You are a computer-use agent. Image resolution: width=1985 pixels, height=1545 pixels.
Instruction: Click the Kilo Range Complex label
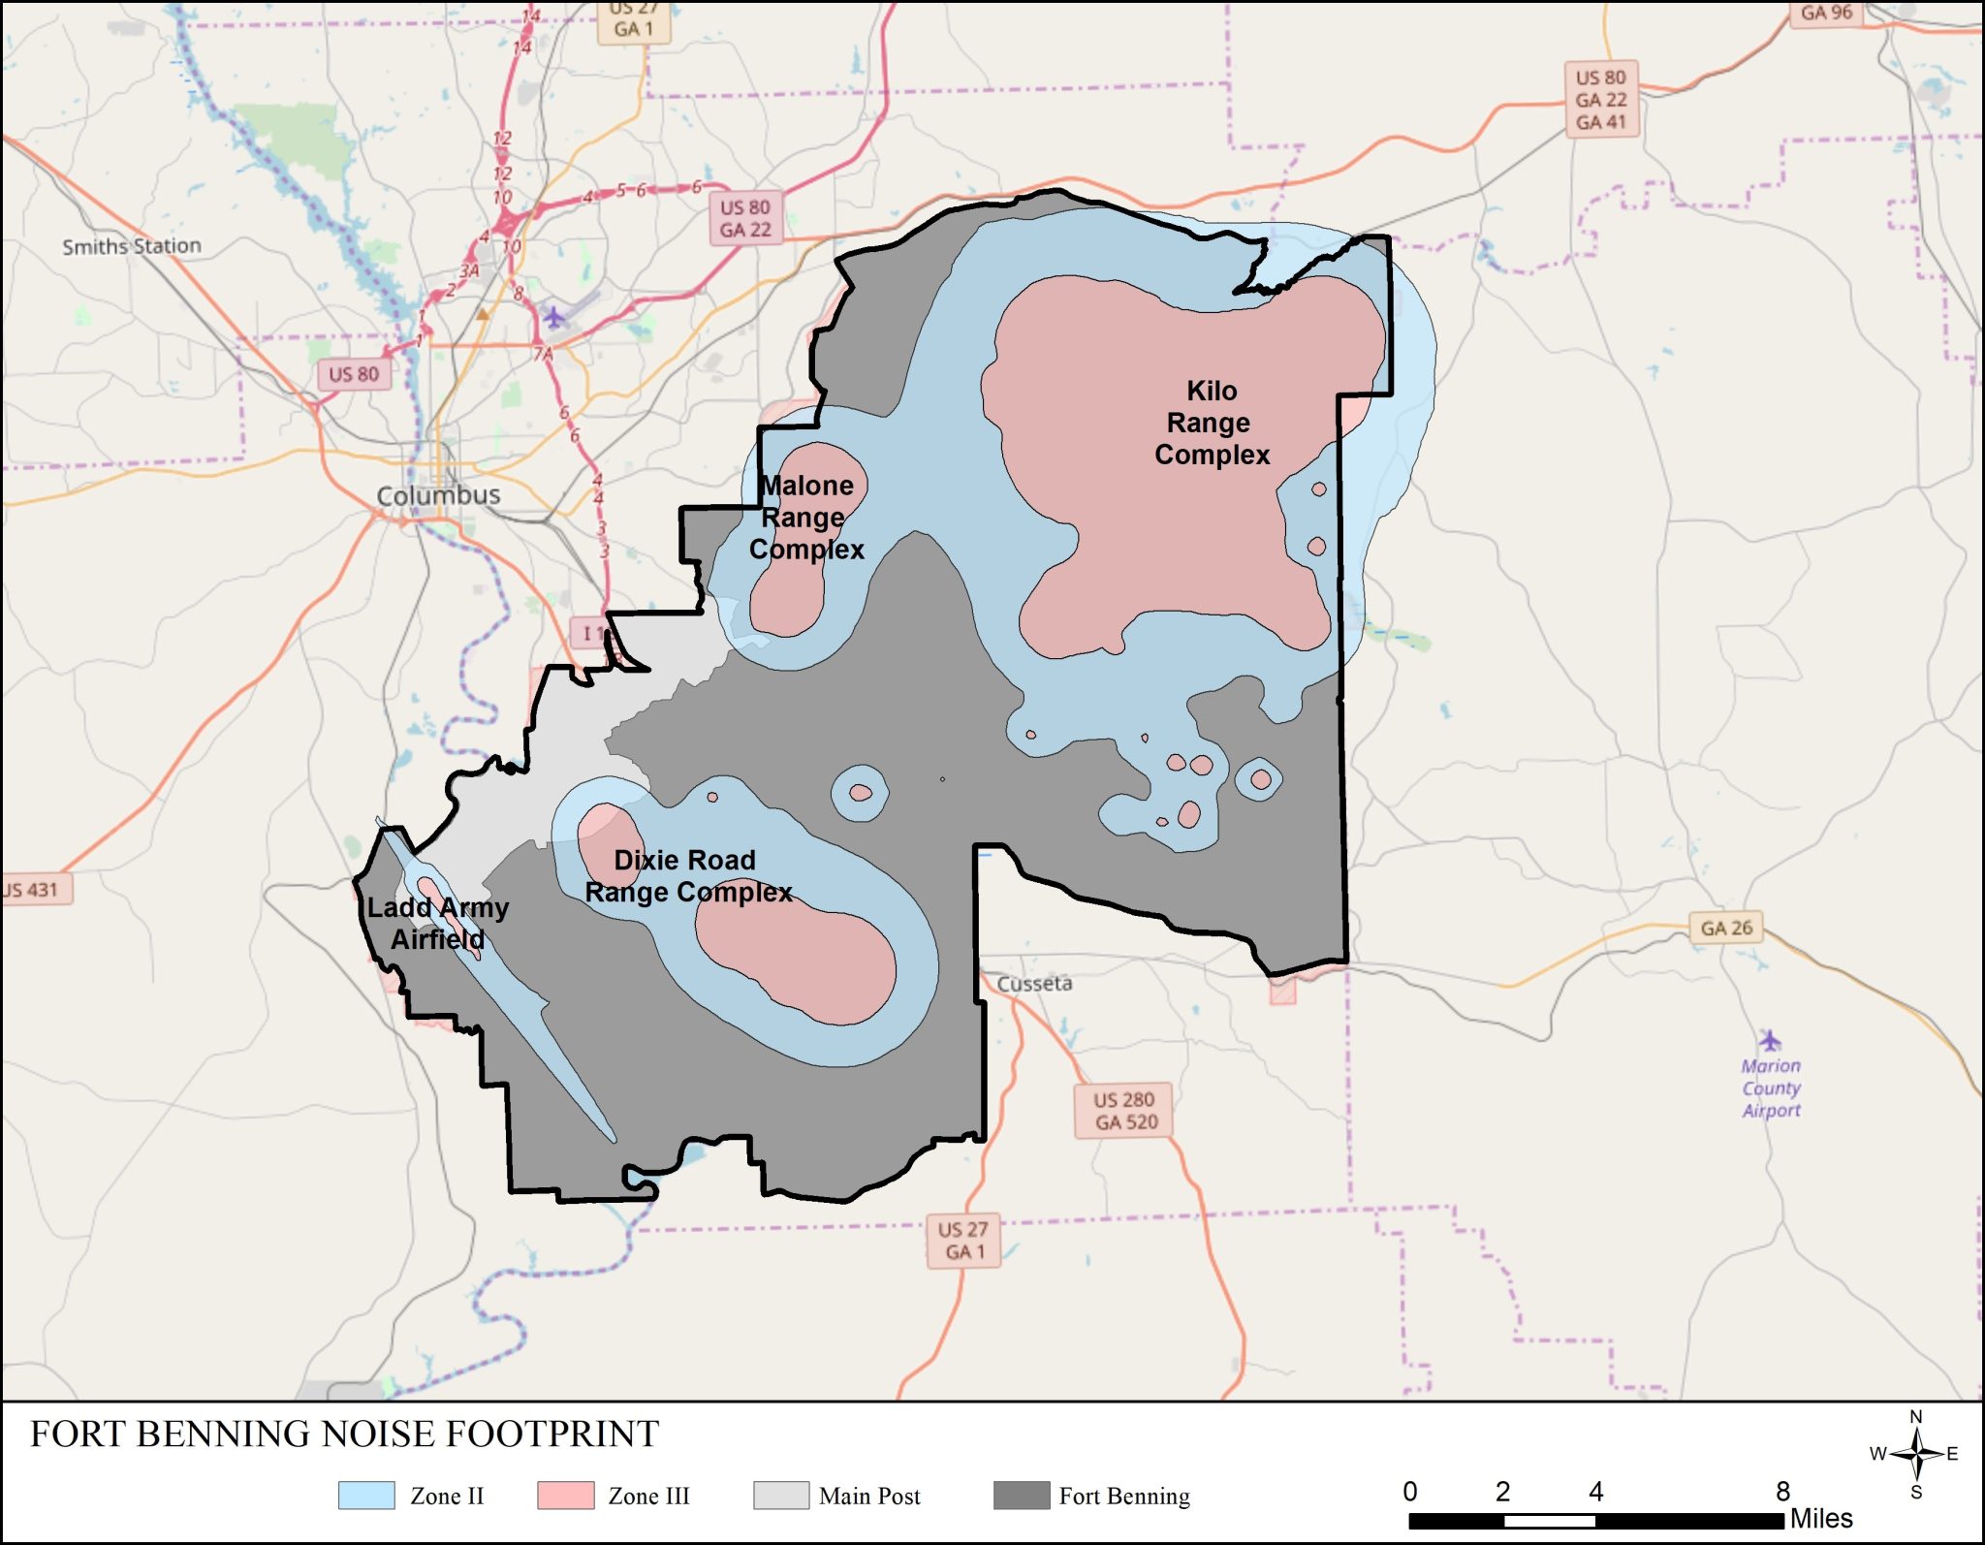coord(1211,423)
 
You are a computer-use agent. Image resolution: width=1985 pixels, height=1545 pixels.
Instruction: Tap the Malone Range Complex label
coord(806,517)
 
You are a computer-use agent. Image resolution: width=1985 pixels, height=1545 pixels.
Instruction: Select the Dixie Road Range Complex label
coord(687,875)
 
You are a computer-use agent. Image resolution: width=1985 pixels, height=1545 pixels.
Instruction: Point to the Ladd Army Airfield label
coord(437,923)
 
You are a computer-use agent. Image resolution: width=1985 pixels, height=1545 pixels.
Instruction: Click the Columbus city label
coord(438,495)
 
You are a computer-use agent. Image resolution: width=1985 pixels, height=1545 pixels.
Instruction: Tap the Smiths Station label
coord(132,246)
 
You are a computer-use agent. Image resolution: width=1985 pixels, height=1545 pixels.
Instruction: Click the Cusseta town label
coord(1034,983)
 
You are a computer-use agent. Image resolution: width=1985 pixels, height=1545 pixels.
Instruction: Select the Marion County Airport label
coord(1771,1088)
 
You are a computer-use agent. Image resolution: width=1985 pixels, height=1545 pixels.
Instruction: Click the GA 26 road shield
coord(1725,928)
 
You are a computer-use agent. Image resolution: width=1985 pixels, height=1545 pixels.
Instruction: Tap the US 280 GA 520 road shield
coord(1124,1111)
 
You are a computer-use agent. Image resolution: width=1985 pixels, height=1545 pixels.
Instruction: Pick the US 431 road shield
coord(33,889)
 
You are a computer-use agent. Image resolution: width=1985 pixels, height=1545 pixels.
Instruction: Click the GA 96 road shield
coord(1826,13)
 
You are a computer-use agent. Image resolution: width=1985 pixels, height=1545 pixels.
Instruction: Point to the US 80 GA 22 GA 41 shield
coord(1600,100)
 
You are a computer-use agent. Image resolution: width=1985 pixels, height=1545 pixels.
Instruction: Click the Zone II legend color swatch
coord(366,1496)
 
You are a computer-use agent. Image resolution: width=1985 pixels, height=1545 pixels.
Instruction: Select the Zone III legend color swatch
coord(565,1496)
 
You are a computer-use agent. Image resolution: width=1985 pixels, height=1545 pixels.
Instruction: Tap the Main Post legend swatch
coord(780,1496)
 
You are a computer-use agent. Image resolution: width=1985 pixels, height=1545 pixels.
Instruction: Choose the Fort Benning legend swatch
coord(1022,1496)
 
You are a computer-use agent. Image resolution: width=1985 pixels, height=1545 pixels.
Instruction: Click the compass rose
coord(1915,1454)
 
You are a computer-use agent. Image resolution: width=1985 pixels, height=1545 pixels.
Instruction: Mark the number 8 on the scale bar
coord(1782,1491)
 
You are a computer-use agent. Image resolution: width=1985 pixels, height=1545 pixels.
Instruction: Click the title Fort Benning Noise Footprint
coord(344,1434)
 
